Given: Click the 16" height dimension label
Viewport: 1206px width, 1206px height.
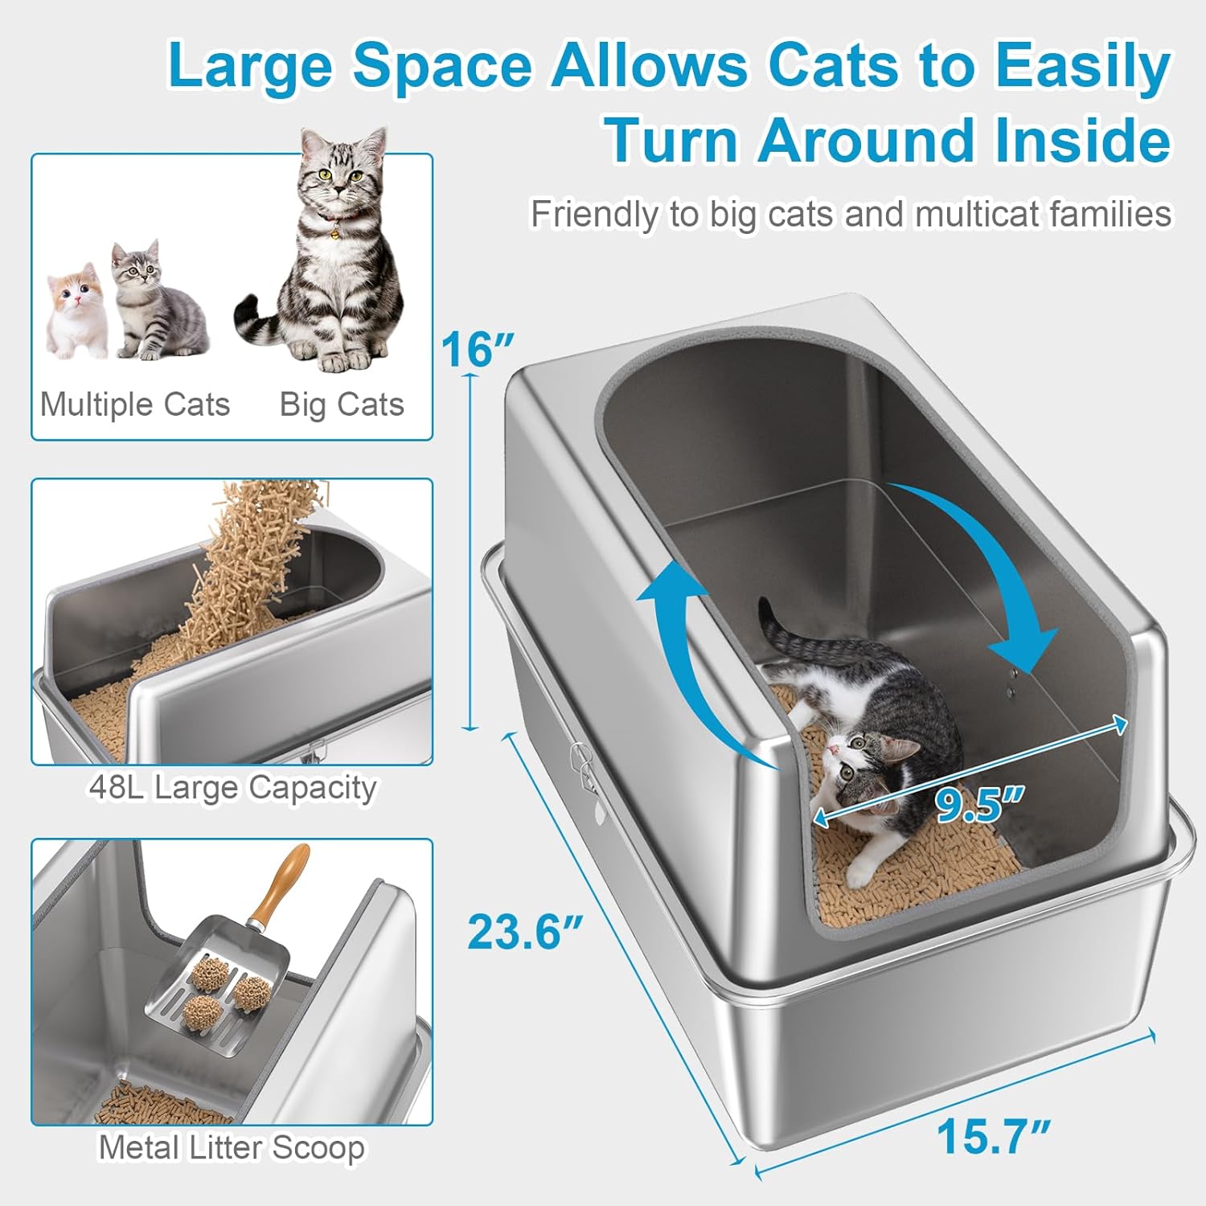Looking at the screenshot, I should (x=477, y=350).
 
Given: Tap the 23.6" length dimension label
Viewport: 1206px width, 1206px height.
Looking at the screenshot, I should (x=525, y=932).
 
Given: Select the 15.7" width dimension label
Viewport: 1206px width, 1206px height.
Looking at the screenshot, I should (x=994, y=1136).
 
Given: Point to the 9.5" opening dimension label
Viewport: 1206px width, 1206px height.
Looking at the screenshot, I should (x=979, y=804).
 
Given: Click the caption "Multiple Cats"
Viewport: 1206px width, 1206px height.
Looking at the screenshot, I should (x=135, y=404).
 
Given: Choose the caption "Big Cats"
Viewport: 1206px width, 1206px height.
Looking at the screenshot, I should (x=342, y=404).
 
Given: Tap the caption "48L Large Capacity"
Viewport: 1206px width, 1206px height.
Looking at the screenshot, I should (x=232, y=787).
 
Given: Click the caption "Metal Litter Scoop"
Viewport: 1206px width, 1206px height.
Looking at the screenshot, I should (x=232, y=1147).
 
